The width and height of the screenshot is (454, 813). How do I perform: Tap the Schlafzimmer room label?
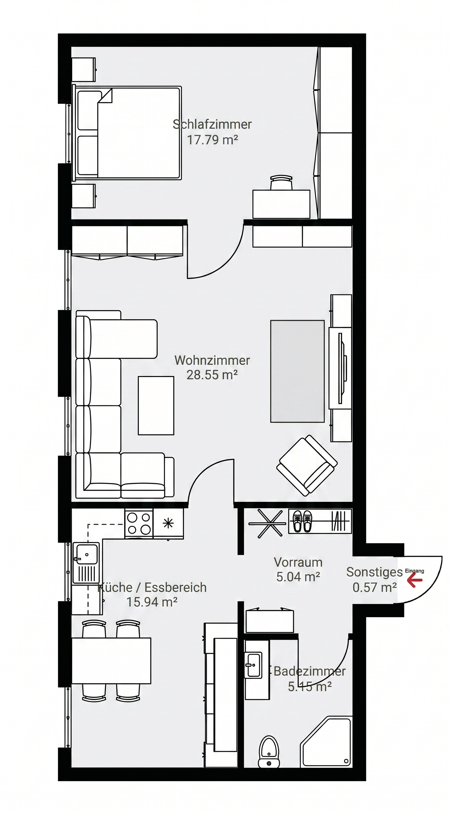pyautogui.click(x=212, y=124)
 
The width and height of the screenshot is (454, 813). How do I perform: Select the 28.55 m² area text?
pyautogui.click(x=212, y=375)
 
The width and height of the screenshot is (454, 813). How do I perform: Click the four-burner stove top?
pyautogui.click(x=139, y=523)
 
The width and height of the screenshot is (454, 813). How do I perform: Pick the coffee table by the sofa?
pyautogui.click(x=156, y=406)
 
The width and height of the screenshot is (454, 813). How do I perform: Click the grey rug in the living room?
pyautogui.click(x=297, y=371)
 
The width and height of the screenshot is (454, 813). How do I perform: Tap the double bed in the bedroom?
pyautogui.click(x=127, y=133)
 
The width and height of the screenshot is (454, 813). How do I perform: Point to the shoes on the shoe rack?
pyautogui.click(x=302, y=521)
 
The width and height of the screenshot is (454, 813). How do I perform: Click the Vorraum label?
pyautogui.click(x=298, y=562)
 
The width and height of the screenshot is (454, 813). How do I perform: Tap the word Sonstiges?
pyautogui.click(x=374, y=572)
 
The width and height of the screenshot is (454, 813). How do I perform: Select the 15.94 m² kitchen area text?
pyautogui.click(x=152, y=602)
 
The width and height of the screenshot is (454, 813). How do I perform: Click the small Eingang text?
pyautogui.click(x=414, y=571)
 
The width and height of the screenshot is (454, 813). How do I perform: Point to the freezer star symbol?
pyautogui.click(x=168, y=523)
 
